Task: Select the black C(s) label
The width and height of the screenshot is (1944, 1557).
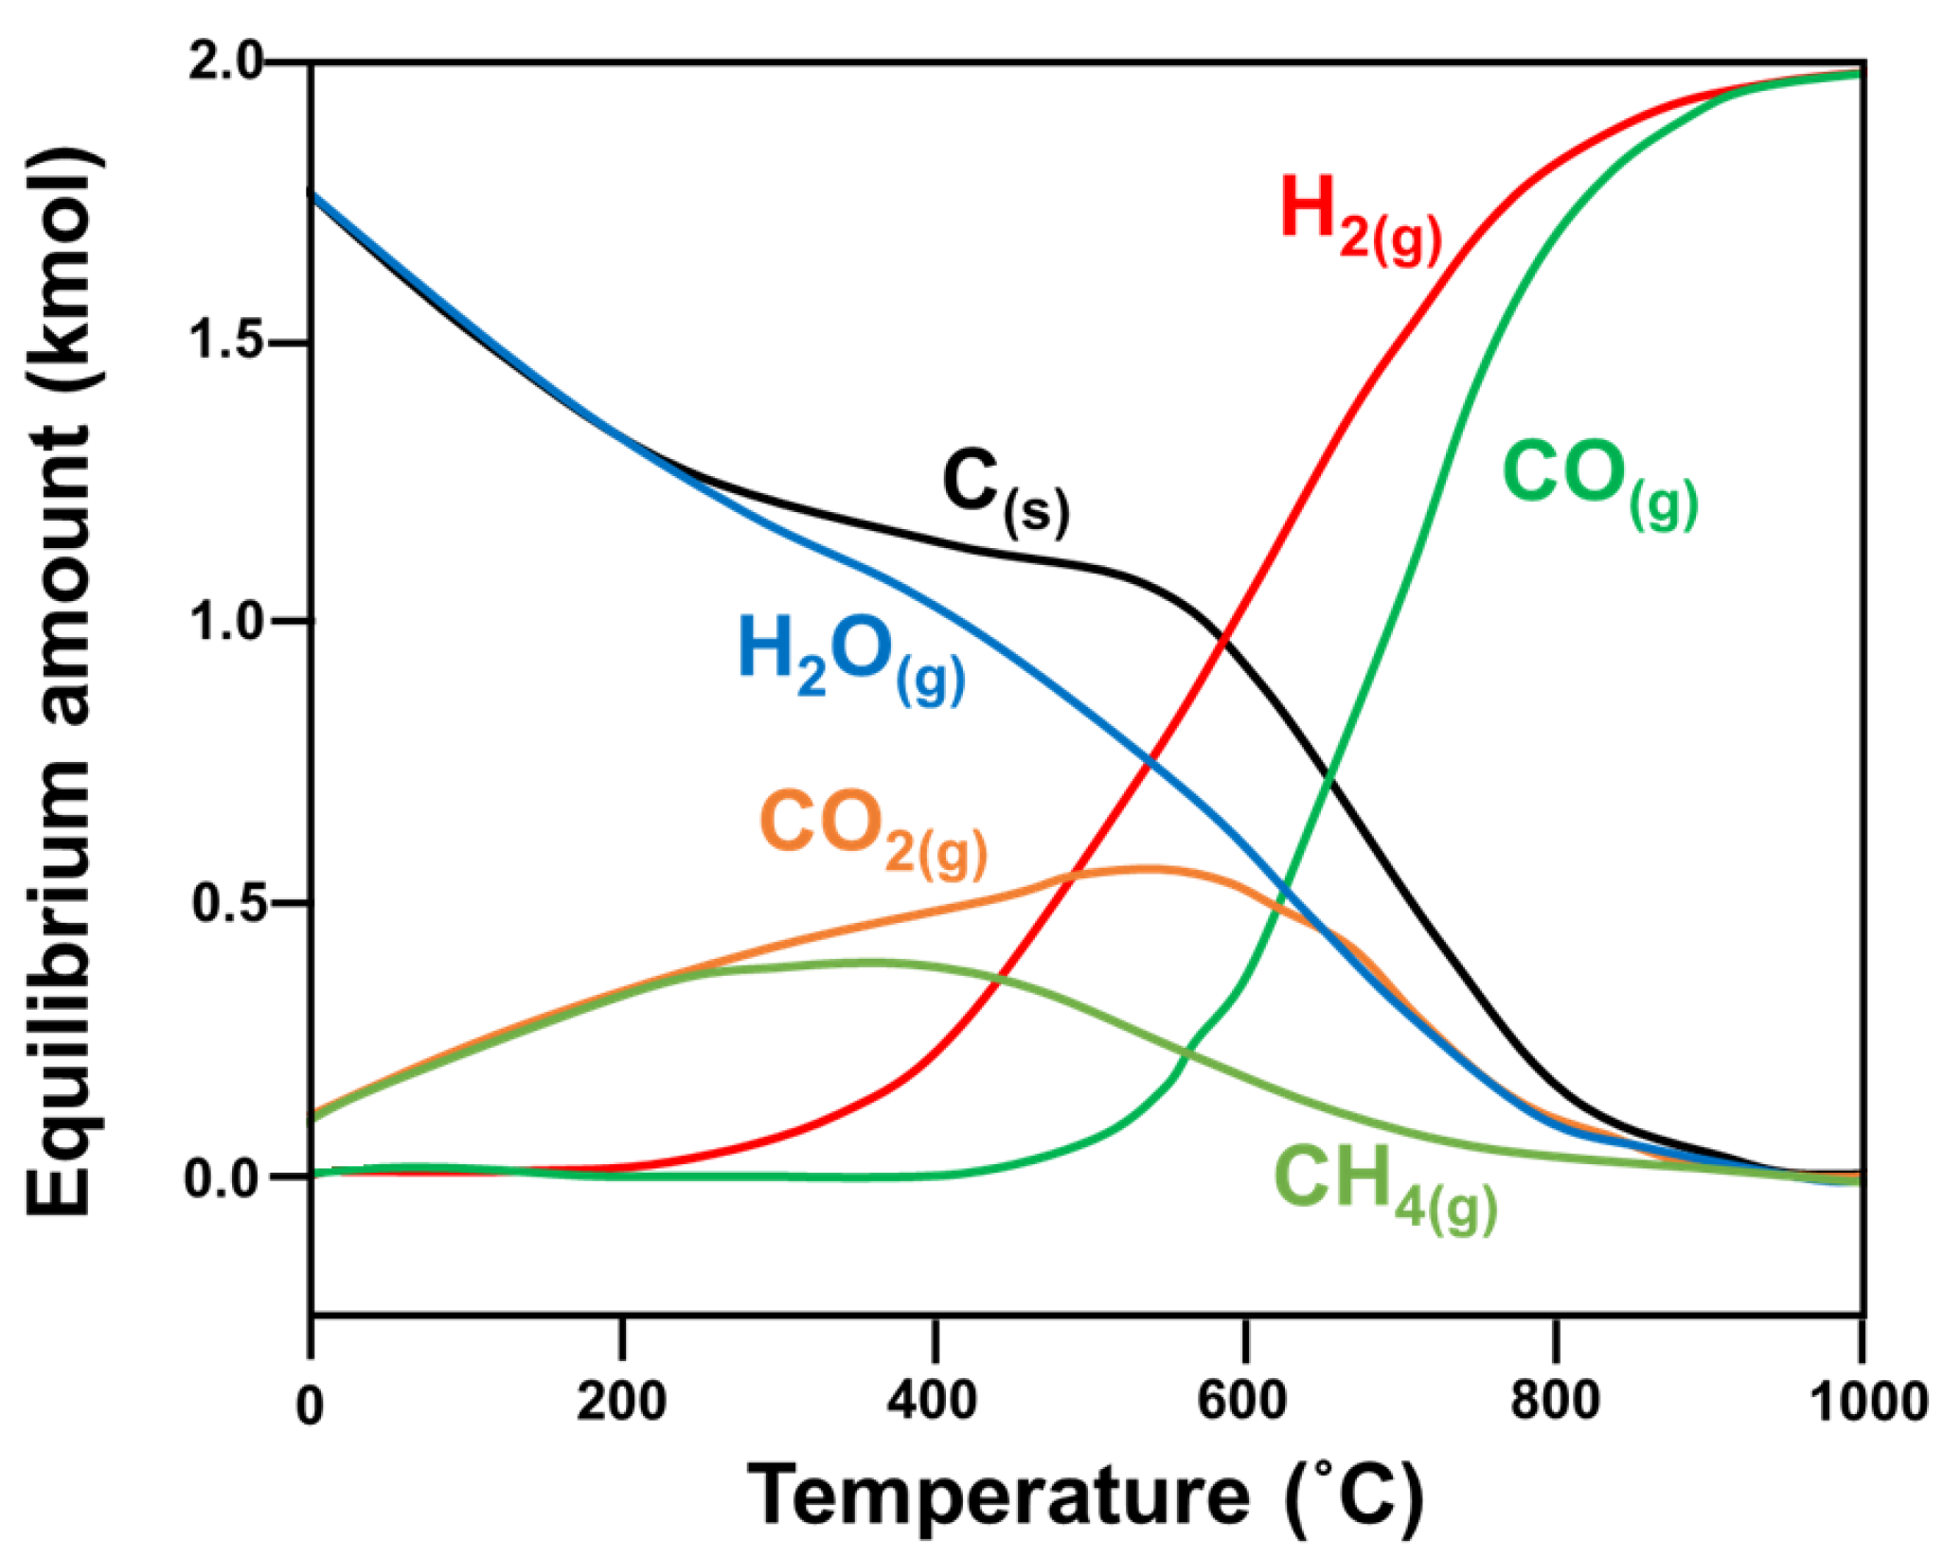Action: pos(1006,491)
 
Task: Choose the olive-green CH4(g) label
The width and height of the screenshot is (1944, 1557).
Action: pos(1385,1187)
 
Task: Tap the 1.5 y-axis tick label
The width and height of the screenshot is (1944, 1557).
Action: pos(225,343)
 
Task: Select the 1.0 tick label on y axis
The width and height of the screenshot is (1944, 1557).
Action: pos(225,622)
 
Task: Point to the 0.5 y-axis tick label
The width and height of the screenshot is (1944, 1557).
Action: pos(225,902)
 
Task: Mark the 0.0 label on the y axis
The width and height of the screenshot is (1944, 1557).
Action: pos(225,1179)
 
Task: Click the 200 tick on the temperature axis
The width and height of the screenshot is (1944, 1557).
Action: pos(622,1400)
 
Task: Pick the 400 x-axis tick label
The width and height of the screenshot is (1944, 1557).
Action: pos(933,1400)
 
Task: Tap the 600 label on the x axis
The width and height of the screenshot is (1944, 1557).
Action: pos(1243,1400)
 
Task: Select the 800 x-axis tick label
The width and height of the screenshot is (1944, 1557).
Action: pos(1555,1400)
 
